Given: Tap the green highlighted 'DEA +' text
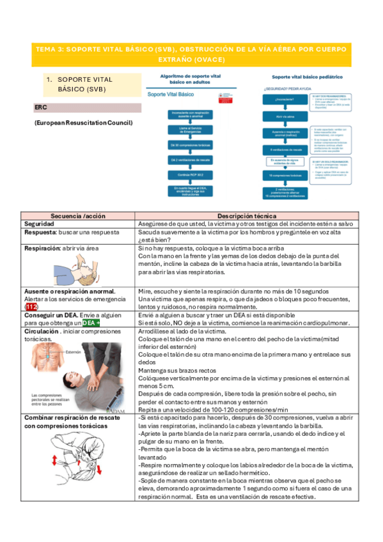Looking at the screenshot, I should tap(95, 323).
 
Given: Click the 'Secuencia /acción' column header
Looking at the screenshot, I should tap(78, 215).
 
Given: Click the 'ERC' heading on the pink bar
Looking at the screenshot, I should tap(40, 107).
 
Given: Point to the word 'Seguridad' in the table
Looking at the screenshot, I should tap(43, 224).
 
